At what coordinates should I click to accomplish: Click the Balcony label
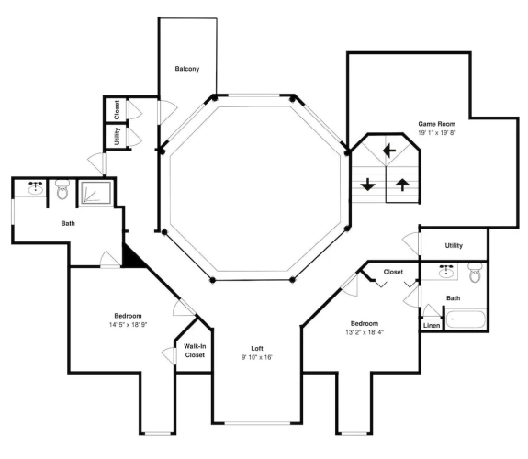[187, 69]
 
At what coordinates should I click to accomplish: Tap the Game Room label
[436, 124]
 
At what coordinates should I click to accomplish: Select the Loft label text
[257, 348]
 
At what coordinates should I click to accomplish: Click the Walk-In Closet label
[195, 351]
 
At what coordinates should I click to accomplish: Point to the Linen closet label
[432, 326]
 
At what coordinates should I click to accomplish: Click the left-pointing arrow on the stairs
[389, 151]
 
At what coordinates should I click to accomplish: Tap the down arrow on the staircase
[367, 185]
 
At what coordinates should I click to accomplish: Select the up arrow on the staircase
[402, 185]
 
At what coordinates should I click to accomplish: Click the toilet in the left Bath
[62, 189]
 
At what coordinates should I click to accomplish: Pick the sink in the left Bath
[36, 188]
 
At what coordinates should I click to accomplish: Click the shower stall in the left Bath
[95, 192]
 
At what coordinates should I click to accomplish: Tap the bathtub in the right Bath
[466, 319]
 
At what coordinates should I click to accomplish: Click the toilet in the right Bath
[475, 273]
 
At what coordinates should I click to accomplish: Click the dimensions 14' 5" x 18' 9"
[129, 325]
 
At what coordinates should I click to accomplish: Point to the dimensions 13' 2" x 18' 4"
[365, 332]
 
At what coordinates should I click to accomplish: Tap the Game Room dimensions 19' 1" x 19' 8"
[437, 133]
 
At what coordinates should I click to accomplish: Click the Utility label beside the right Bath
[454, 245]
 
